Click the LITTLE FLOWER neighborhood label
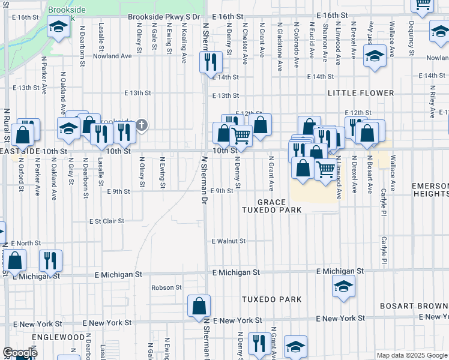click(x=361, y=93)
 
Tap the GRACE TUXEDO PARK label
click(x=271, y=206)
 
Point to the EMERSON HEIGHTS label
click(x=430, y=190)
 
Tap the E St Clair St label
click(x=106, y=221)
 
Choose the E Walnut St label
click(x=229, y=241)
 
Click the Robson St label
click(x=166, y=287)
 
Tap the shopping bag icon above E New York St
click(x=199, y=305)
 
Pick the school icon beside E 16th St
click(x=59, y=27)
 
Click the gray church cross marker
click(x=141, y=125)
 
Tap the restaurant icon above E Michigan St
click(x=50, y=260)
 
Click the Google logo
click(x=20, y=353)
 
